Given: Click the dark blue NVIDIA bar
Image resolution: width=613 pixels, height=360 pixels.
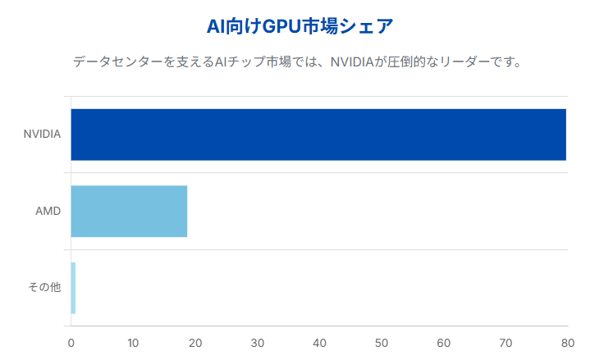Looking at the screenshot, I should coord(318,134).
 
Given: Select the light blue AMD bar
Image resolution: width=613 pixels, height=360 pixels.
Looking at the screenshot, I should coord(129,212).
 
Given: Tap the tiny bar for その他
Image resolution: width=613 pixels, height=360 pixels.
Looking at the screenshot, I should coord(73,288).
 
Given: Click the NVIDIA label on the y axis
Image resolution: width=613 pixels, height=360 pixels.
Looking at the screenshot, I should coord(42,134).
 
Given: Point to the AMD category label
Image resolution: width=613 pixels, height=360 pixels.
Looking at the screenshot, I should coord(48,212).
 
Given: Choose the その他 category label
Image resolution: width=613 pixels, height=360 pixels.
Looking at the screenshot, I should coord(44,288).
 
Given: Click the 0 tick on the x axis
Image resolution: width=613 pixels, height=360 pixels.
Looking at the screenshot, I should coord(71,342).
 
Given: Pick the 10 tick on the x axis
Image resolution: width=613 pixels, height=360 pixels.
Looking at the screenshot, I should coord(133,342).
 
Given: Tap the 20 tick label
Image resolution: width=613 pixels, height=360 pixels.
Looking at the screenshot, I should coord(195,342).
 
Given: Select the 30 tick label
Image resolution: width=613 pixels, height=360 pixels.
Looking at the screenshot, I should coord(257,342).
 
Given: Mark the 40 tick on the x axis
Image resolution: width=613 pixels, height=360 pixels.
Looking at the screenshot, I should coord(319,342).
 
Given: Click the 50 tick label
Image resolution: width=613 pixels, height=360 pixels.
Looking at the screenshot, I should coord(381,342).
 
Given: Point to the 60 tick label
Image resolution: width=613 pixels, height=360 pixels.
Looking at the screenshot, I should coord(443,342).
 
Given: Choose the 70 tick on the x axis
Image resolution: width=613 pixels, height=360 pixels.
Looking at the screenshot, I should coord(505,342).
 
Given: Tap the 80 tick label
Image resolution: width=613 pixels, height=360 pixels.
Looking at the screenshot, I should coord(566,342).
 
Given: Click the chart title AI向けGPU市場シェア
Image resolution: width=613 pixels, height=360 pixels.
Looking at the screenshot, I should coord(300,26).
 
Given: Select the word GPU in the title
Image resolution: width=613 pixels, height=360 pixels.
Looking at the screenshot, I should coord(280,26).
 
